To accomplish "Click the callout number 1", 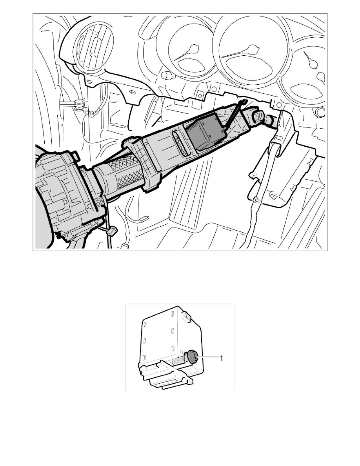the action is (221, 359).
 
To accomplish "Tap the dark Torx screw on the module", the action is (193, 356).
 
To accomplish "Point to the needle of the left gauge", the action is (187, 53).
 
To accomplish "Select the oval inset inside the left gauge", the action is (192, 66).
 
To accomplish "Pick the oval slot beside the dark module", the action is (180, 143).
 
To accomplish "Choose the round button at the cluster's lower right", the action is (320, 112).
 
